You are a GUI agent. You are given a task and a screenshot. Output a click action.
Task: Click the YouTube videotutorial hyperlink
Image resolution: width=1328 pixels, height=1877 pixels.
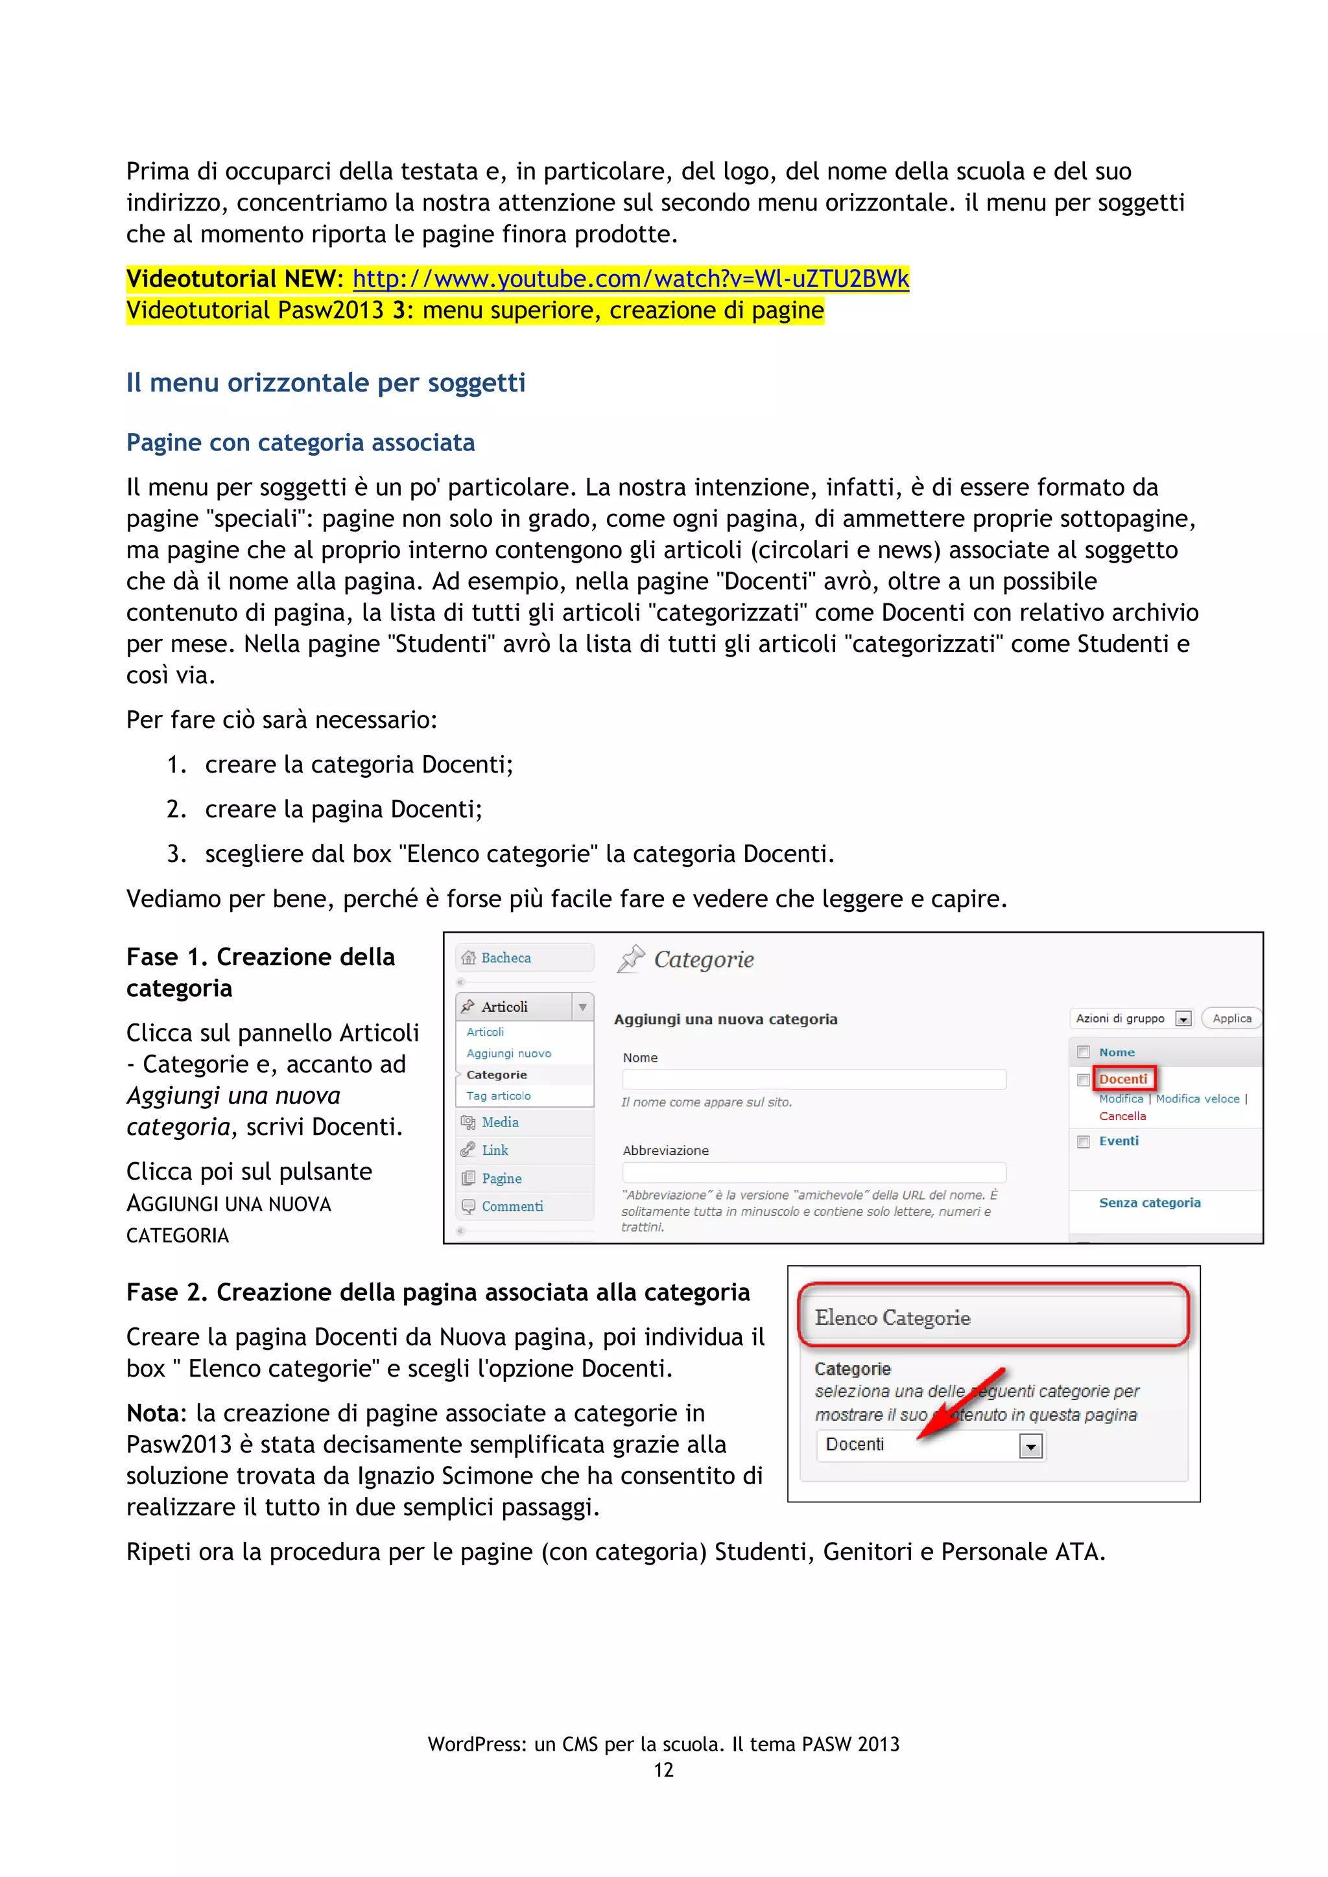tap(630, 279)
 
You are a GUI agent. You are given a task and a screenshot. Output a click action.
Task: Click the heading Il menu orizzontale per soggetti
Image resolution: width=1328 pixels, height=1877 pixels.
tap(326, 382)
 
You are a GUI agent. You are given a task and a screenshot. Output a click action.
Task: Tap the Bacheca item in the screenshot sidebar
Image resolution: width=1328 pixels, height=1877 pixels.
tap(505, 957)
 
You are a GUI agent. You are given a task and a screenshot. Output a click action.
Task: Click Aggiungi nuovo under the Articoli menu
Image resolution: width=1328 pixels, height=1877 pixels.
tap(508, 1053)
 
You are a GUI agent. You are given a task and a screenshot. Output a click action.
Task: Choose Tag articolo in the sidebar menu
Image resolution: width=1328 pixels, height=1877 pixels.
tap(498, 1095)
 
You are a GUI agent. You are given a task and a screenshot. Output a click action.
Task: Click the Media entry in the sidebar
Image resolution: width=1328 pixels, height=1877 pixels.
tap(500, 1122)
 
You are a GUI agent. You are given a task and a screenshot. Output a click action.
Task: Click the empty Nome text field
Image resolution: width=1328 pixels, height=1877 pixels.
tap(814, 1079)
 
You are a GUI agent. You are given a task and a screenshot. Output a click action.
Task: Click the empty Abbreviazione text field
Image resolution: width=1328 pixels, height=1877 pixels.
tap(814, 1172)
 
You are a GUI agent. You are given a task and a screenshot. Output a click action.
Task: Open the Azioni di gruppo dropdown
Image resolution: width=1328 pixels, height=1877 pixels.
tap(1183, 1019)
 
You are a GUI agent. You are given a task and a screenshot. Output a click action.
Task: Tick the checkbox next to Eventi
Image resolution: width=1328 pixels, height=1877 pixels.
tap(1084, 1141)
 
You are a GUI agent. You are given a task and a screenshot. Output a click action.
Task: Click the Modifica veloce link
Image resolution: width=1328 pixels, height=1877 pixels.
tap(1197, 1099)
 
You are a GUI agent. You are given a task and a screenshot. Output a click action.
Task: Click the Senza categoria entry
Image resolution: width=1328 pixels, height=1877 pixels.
tap(1149, 1202)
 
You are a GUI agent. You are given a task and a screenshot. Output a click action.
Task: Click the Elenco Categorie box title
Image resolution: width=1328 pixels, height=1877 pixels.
tap(892, 1318)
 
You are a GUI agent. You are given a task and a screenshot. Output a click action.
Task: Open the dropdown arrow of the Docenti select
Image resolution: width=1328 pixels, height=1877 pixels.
tap(1030, 1446)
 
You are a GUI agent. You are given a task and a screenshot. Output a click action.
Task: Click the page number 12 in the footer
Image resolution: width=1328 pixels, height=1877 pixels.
tap(663, 1770)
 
